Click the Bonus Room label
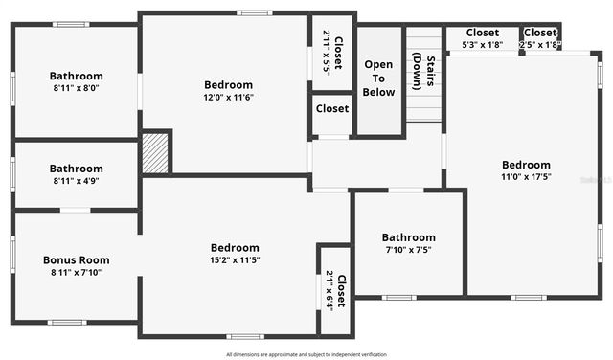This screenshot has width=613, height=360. click(x=76, y=259)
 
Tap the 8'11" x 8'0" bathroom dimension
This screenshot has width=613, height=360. click(x=76, y=89)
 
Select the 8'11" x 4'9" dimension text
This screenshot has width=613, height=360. click(x=76, y=181)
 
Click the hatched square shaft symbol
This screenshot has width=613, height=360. click(x=155, y=153)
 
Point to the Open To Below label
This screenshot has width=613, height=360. click(x=379, y=79)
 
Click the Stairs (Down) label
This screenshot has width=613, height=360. click(x=423, y=72)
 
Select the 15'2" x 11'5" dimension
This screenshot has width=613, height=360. click(x=235, y=259)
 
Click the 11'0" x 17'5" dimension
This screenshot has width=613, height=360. click(x=526, y=177)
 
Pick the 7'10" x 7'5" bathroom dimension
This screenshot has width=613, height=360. click(x=408, y=250)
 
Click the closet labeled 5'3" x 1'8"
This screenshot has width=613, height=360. click(x=481, y=44)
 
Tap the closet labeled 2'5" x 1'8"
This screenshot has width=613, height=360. click(x=539, y=44)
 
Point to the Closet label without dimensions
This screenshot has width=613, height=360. click(x=331, y=109)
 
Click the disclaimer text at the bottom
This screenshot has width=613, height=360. click(x=306, y=353)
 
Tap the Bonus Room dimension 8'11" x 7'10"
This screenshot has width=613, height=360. click(x=76, y=272)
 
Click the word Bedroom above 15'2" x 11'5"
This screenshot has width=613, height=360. click(x=235, y=247)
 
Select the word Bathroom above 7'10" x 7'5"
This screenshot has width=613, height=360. click(x=408, y=237)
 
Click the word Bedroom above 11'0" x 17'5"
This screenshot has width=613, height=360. click(x=526, y=165)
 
